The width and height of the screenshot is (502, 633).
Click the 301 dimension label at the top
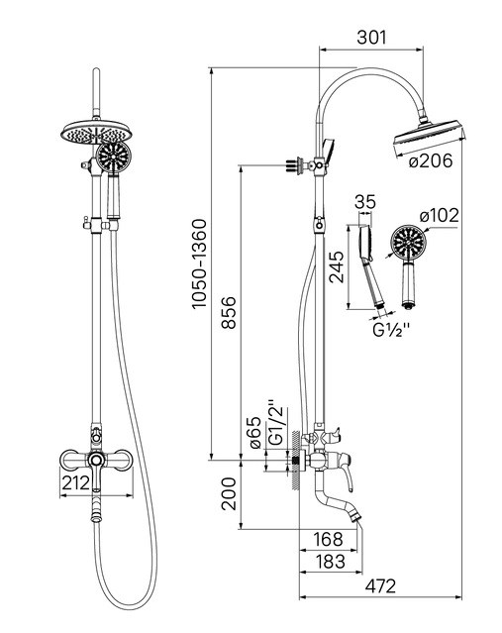pos(371,37)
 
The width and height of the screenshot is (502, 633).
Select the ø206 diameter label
pos(430,161)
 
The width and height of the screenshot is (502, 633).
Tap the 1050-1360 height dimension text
pos(199,264)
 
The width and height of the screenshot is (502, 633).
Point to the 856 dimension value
pos(229,312)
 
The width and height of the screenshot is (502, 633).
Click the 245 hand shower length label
pos(336,266)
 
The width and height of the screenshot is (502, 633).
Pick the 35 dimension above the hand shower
pos(365,202)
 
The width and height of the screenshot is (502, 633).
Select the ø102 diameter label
pos(439,215)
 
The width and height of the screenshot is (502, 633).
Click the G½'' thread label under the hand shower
pos(391,330)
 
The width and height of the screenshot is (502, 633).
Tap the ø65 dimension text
pos(255,433)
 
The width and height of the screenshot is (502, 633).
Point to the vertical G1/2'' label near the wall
pos(277,423)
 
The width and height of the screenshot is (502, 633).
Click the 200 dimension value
pos(229,493)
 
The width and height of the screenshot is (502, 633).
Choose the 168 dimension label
pos(328,539)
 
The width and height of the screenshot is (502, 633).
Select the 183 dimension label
pos(330,561)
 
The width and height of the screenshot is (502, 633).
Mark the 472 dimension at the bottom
pos(380,585)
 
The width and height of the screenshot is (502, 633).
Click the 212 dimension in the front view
pos(75,482)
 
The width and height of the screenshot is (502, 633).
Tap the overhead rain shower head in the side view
pos(428,138)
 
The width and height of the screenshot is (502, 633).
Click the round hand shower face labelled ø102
pos(408,243)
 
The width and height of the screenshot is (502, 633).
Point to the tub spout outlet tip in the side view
pos(356,518)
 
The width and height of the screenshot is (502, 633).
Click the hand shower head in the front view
pos(114,158)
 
